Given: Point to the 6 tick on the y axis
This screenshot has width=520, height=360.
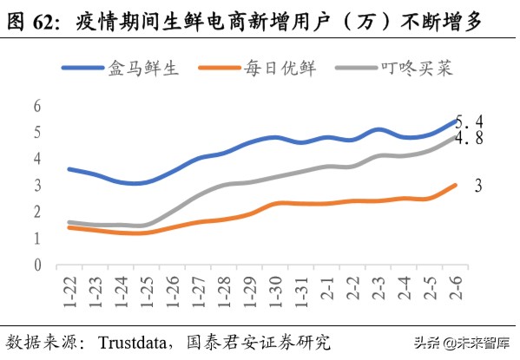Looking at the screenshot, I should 37,106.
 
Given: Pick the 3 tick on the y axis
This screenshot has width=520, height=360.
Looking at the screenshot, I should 37,186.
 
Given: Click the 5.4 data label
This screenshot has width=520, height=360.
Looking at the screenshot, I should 471,121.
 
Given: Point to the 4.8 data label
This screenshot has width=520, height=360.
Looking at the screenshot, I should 471,138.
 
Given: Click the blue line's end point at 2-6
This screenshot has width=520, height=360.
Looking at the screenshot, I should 455,121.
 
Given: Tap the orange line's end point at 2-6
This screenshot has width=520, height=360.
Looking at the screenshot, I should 455,185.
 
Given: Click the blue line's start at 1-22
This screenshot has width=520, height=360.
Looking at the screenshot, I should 69,169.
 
